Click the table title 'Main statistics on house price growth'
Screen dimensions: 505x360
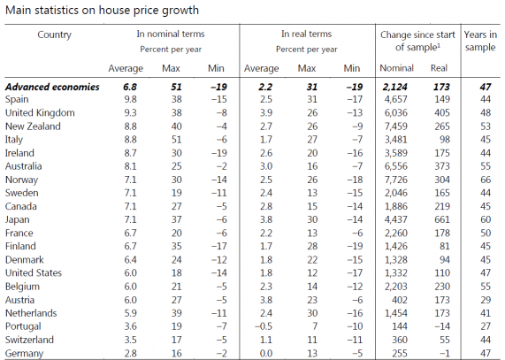coord(102,10)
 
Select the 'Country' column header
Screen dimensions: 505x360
coord(55,34)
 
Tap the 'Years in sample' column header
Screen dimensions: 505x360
coord(480,41)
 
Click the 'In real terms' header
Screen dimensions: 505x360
coord(306,34)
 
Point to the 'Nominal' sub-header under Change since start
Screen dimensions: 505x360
coord(396,68)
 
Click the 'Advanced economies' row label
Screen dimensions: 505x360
coord(52,87)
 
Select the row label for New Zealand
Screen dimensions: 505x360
coord(33,126)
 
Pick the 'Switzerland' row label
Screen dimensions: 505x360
coord(30,340)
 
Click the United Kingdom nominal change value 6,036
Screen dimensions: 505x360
coord(396,112)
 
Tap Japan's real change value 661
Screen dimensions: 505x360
coord(441,219)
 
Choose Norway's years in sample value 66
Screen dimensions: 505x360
coord(486,180)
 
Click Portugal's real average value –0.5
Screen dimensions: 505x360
coord(264,326)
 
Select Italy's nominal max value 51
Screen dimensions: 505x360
coord(177,140)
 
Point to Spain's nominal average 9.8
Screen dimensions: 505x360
coord(130,99)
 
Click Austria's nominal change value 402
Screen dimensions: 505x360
coord(400,300)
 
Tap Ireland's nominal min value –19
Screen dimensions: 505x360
coord(219,153)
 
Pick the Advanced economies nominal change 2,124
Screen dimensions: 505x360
coord(394,87)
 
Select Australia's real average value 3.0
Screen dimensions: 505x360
coord(266,166)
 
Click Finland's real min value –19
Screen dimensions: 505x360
coord(355,246)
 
